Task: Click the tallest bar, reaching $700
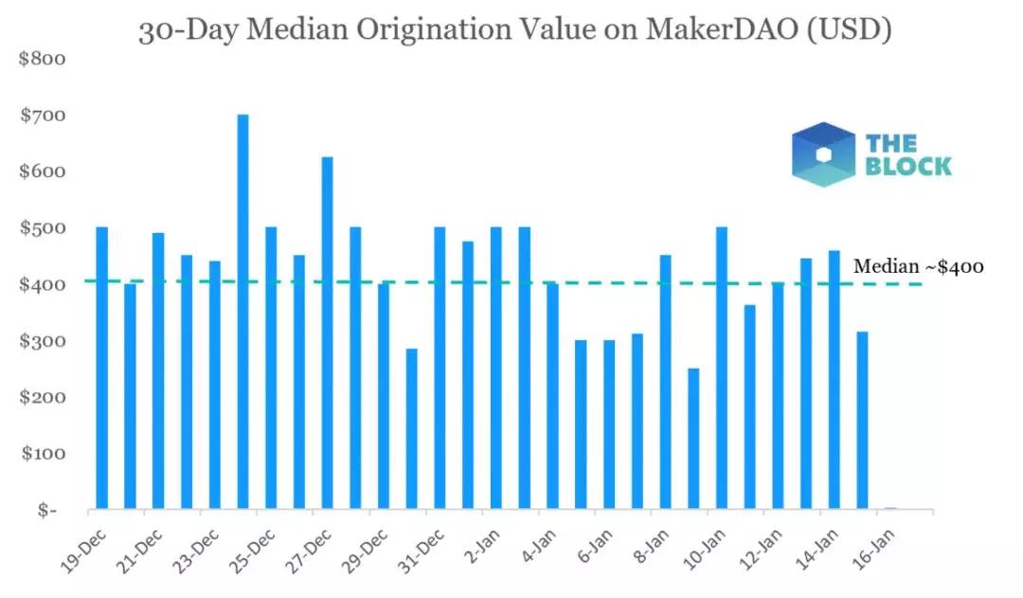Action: click(242, 313)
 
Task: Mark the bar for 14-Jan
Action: click(834, 379)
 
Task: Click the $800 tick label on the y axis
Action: click(43, 60)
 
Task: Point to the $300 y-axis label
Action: click(43, 341)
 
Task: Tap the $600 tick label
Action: click(43, 172)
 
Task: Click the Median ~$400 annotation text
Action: click(918, 267)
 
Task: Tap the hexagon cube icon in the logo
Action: click(823, 154)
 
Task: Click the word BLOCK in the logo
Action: click(908, 167)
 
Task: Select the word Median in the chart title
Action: click(296, 30)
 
